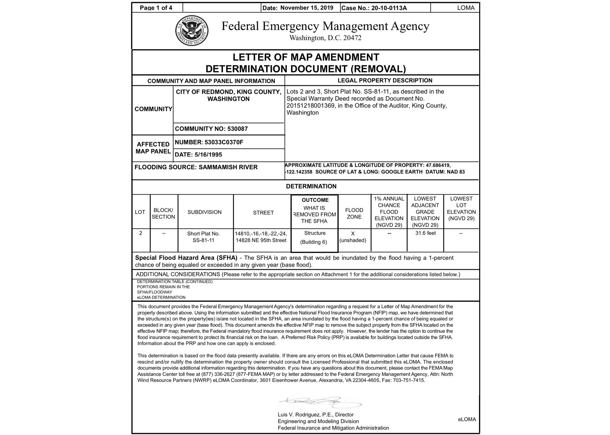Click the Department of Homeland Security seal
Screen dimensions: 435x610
[x=192, y=31]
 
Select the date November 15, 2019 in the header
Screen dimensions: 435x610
[x=307, y=8]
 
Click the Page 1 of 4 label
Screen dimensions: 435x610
[x=156, y=8]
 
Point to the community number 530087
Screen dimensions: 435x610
[x=237, y=129]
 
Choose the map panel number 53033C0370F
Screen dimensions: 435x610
[x=224, y=142]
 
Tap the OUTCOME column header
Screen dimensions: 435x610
[x=315, y=200]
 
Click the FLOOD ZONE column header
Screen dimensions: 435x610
[x=354, y=213]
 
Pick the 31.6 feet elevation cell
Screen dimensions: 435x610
[x=425, y=233]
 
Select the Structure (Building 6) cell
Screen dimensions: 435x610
[x=315, y=238]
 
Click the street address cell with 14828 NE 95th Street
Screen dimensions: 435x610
[x=261, y=240]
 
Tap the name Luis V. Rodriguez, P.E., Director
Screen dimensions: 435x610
[x=315, y=415]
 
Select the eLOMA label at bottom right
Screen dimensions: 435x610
[x=467, y=419]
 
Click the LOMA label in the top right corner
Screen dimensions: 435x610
[x=466, y=8]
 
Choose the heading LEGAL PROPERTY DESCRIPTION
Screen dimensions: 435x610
[x=385, y=80]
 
